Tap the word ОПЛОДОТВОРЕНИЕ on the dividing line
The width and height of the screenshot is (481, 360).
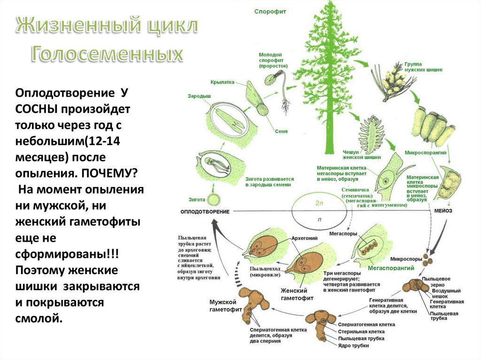pos(205,212)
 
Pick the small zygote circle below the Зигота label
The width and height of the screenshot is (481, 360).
pos(214,199)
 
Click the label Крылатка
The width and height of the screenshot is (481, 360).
pos(222,81)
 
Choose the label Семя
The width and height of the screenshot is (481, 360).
pos(282,132)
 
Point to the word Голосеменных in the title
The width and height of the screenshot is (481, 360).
pos(107,55)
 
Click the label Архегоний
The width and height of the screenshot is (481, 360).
pos(305,238)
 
